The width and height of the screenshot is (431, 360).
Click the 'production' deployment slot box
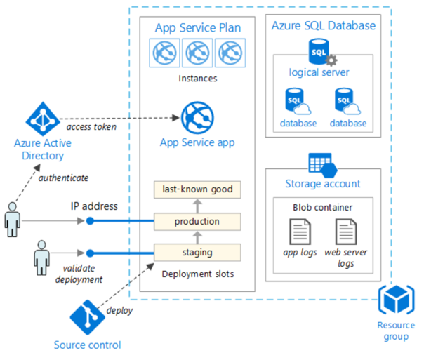pos(197,222)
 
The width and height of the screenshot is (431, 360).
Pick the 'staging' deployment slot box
pos(197,252)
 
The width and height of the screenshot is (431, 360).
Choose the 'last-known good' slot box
pos(197,189)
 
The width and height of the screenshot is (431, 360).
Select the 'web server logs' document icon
pos(346,232)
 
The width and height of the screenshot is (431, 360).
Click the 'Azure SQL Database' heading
pos(324,26)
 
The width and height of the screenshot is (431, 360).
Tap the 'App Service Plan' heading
pos(197,27)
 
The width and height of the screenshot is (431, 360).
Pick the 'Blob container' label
pos(323,208)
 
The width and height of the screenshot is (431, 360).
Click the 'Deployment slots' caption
pos(197,274)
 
